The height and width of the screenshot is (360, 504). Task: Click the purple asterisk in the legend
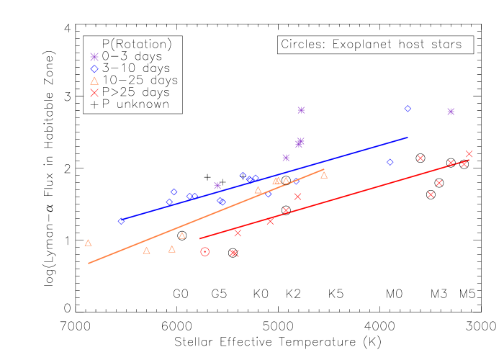(x=94, y=57)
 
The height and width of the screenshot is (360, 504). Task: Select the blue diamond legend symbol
(x=94, y=69)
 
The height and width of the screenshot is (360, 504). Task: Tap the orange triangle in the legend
(x=94, y=81)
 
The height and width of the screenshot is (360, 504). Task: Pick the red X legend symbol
(x=94, y=93)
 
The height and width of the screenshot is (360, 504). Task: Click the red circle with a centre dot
(x=205, y=251)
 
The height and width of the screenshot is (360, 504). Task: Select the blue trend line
(x=266, y=178)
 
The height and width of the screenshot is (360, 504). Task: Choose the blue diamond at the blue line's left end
(x=121, y=221)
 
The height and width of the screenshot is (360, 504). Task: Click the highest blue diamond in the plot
(x=408, y=109)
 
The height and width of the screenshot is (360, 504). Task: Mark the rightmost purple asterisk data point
(x=451, y=112)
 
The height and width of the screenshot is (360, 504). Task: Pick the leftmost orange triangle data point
(x=89, y=243)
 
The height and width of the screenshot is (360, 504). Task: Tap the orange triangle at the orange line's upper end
(x=324, y=175)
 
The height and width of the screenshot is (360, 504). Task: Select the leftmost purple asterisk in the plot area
(x=217, y=186)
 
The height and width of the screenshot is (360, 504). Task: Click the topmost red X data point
(x=469, y=154)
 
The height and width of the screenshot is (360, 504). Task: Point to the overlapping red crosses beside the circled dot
(x=234, y=253)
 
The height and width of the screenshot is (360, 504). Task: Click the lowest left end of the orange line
(x=89, y=264)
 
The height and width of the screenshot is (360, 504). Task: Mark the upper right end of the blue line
(x=408, y=137)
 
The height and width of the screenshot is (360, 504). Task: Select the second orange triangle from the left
(x=147, y=251)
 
